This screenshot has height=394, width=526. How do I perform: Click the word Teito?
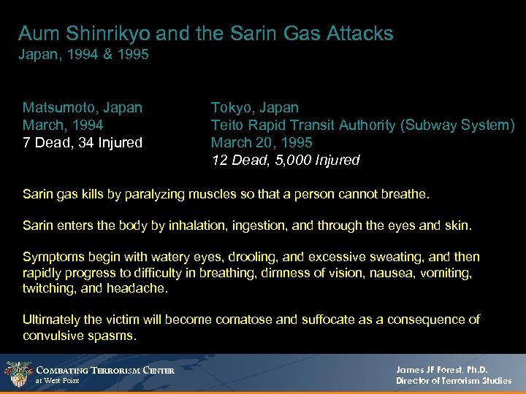(x=226, y=125)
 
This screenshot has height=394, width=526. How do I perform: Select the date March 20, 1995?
(x=262, y=142)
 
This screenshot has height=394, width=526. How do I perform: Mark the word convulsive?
(x=54, y=335)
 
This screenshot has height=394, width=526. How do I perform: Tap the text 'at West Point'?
(x=58, y=381)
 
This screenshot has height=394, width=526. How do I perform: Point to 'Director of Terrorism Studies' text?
(x=454, y=381)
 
